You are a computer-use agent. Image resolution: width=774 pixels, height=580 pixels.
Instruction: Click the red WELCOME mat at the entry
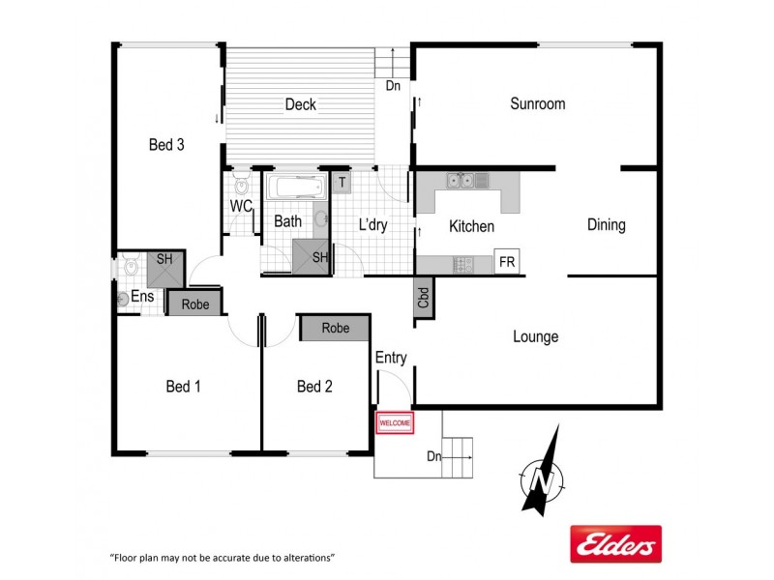click(395, 422)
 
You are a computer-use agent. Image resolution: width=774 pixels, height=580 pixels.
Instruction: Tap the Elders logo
click(615, 544)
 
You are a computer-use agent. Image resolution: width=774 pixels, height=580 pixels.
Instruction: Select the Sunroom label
click(537, 103)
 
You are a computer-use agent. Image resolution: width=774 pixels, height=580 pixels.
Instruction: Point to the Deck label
click(300, 104)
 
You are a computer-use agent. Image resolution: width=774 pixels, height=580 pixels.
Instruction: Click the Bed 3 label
click(166, 145)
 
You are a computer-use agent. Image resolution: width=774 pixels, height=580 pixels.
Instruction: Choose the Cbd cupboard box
click(424, 298)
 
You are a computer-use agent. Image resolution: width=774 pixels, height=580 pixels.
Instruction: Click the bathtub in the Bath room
click(297, 188)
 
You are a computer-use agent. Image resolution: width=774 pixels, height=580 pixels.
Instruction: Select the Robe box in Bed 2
click(335, 329)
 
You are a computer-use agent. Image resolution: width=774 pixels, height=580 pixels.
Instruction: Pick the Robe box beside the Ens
click(194, 303)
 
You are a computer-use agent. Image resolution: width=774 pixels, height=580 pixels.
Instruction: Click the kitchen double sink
click(466, 180)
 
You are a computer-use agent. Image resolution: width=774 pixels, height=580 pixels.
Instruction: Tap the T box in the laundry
click(342, 182)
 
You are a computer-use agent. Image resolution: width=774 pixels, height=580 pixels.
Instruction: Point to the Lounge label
click(535, 336)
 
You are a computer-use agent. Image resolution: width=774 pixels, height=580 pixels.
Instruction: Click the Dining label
click(606, 225)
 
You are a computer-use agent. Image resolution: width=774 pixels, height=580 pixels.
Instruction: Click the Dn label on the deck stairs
click(393, 85)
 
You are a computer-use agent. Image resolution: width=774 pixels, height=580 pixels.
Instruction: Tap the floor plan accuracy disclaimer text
click(222, 558)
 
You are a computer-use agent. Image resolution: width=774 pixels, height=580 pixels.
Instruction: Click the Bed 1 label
click(183, 387)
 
